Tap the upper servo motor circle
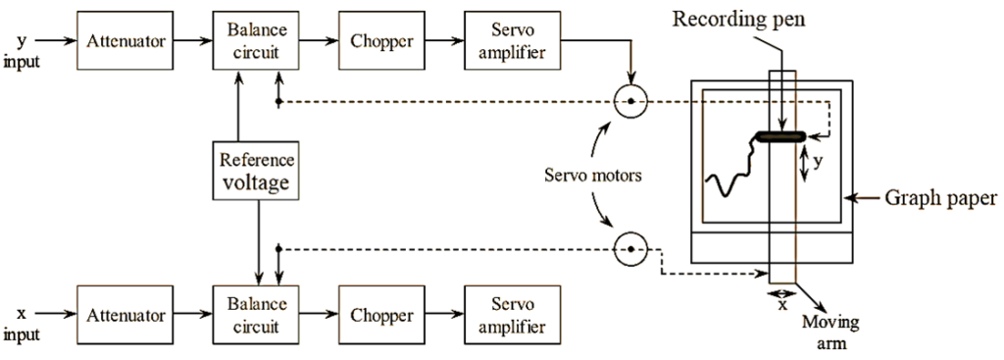(x=630, y=101)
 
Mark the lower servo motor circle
(x=630, y=250)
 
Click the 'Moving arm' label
(x=824, y=332)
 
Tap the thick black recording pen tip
(x=780, y=136)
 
